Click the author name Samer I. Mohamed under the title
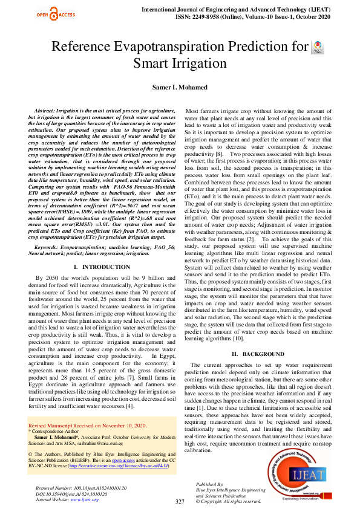tap(179, 87)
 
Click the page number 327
tap(180, 502)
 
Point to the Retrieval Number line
tap(82, 487)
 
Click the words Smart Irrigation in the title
tap(180, 63)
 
